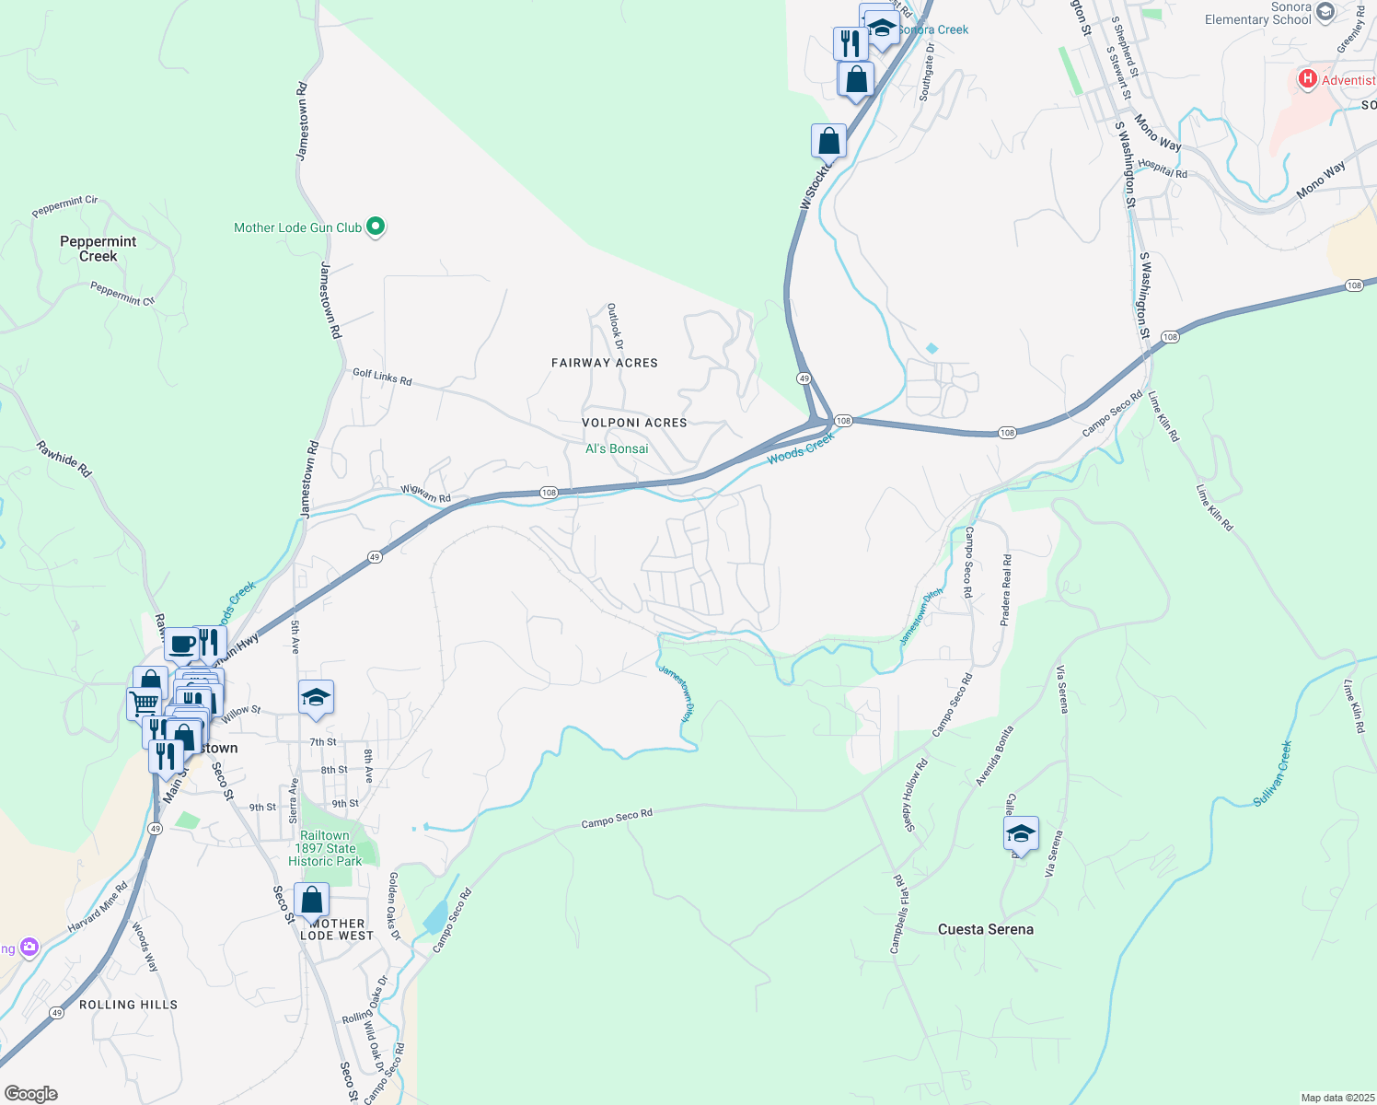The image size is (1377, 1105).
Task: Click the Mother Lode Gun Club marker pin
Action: [x=375, y=227]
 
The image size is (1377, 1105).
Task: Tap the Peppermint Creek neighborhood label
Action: [x=98, y=249]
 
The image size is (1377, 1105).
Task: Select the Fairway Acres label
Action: [x=605, y=363]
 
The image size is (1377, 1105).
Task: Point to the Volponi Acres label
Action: [x=634, y=423]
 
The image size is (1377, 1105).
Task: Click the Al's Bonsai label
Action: [x=617, y=448]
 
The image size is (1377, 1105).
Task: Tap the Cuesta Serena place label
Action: [x=985, y=929]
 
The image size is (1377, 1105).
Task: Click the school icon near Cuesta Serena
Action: [x=1021, y=834]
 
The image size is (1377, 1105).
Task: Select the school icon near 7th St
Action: [x=316, y=698]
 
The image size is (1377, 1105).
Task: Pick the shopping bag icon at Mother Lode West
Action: [x=312, y=901]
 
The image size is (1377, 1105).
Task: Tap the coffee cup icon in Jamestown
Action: [x=182, y=645]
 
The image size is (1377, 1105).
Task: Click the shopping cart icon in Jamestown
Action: [x=144, y=704]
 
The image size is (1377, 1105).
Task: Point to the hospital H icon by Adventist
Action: [x=1307, y=79]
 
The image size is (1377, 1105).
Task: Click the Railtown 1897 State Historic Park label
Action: [x=325, y=848]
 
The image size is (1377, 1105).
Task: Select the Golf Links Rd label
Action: [x=382, y=377]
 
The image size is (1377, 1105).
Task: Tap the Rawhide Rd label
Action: [x=64, y=459]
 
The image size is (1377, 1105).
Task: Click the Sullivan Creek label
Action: [x=1273, y=773]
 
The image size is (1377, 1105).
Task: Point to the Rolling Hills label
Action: [x=128, y=1005]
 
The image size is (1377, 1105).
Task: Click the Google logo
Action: [x=31, y=1093]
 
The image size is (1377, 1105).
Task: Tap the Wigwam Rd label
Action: [x=425, y=494]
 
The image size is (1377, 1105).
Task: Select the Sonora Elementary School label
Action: [x=1258, y=13]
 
